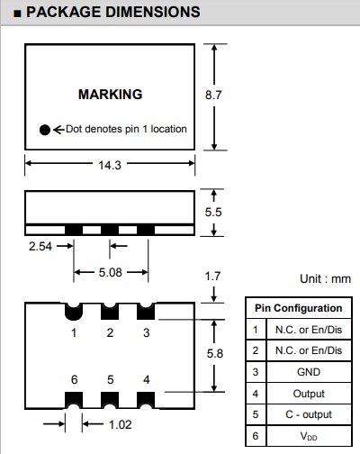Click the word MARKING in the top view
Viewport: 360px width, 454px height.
tap(110, 95)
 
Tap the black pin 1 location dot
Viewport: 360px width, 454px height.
tap(44, 129)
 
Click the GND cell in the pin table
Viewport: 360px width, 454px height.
tap(309, 371)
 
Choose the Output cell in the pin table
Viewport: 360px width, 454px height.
tap(309, 393)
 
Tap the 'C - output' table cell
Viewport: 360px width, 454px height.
tap(309, 414)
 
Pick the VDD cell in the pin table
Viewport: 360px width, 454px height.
tap(309, 436)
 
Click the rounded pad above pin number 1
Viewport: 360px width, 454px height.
tap(73, 312)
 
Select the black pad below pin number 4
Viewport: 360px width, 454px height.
tap(146, 397)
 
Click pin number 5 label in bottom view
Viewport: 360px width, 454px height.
tap(110, 379)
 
